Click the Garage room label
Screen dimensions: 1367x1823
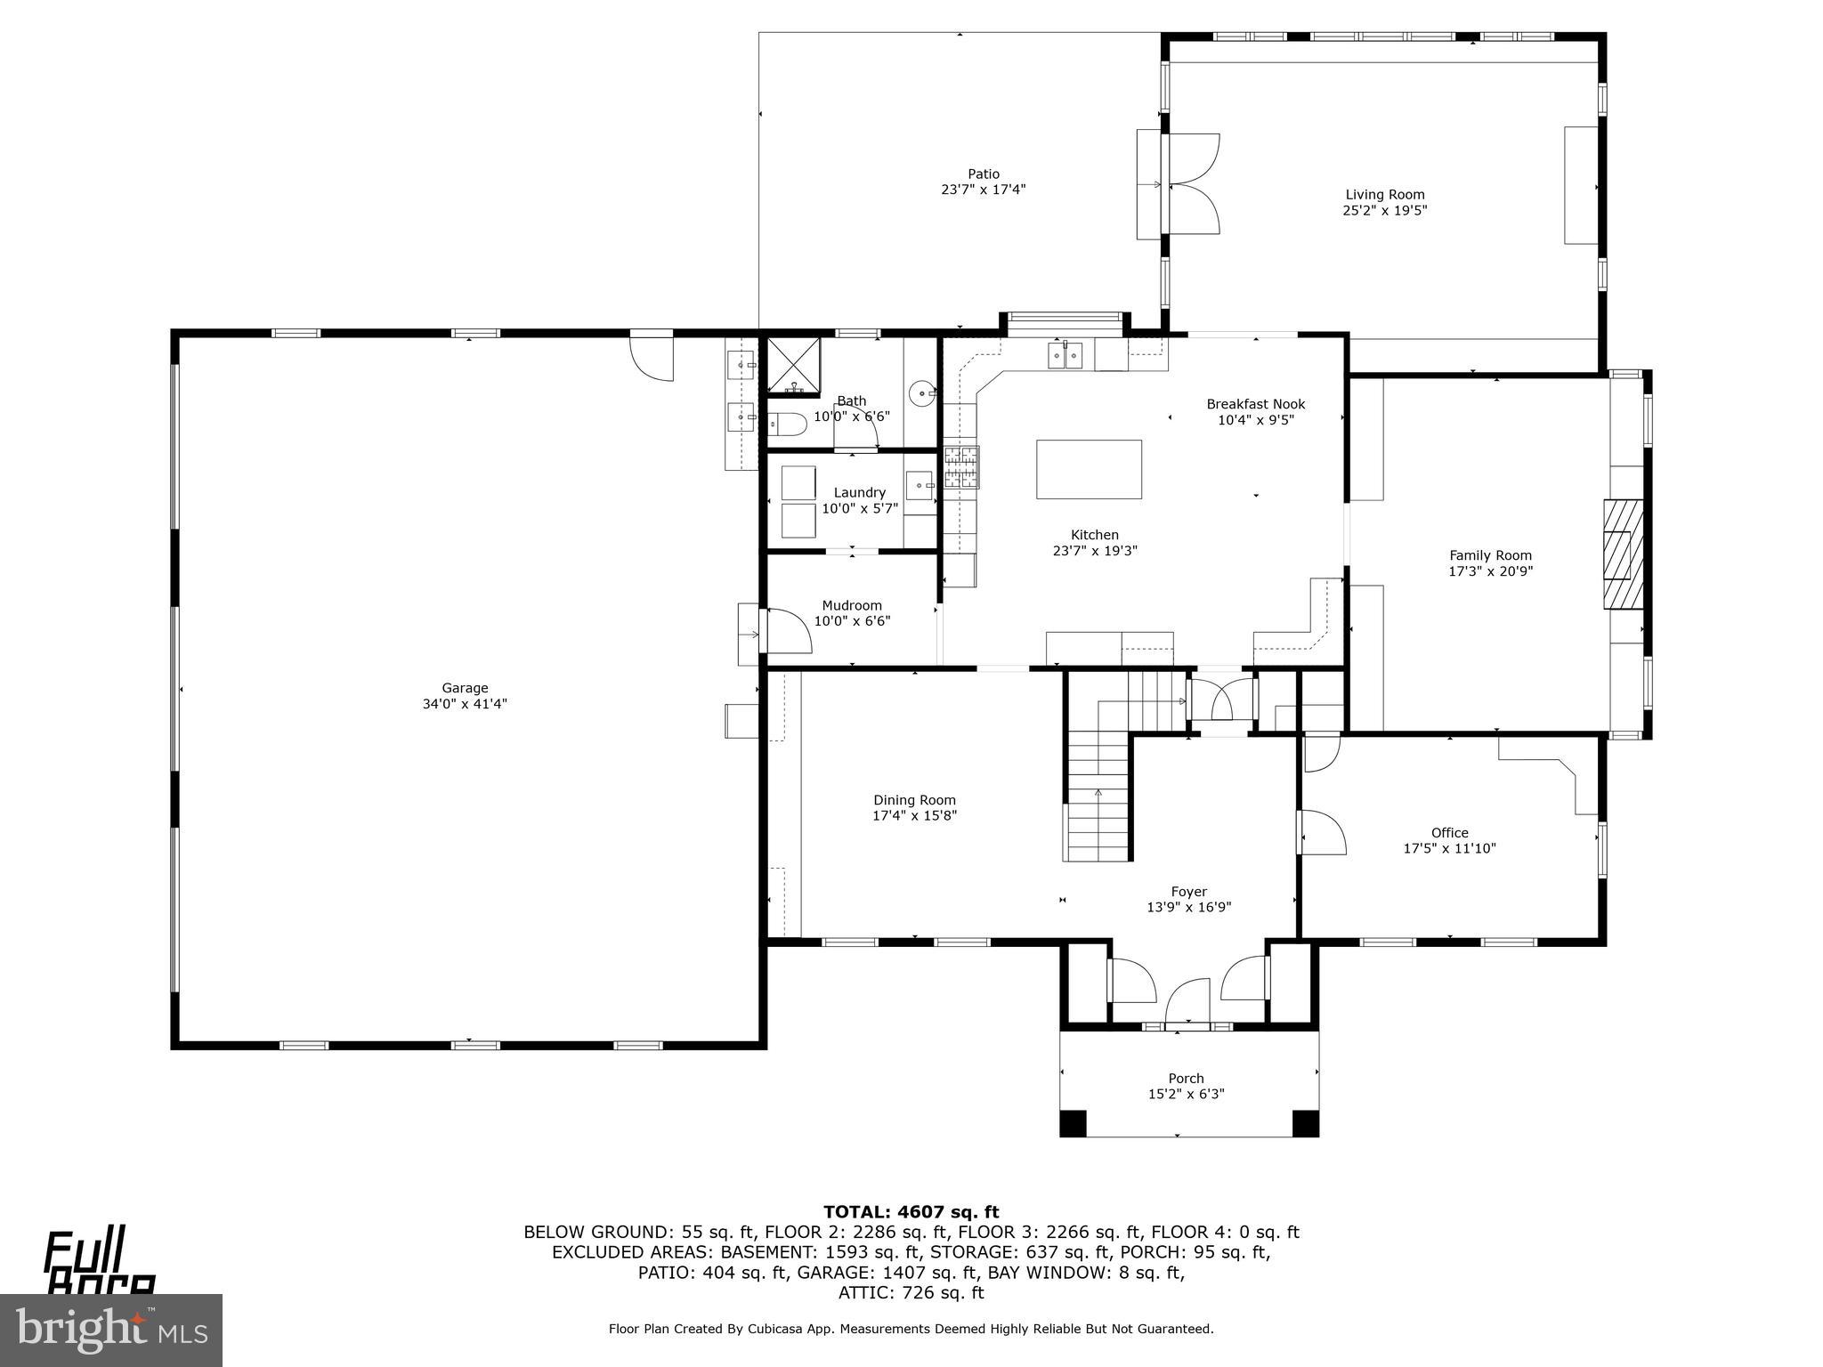click(x=465, y=688)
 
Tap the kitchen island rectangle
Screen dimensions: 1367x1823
click(x=1089, y=469)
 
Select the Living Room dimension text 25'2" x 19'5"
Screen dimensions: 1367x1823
click(x=1384, y=211)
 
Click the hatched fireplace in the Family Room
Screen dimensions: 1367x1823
click(x=1623, y=554)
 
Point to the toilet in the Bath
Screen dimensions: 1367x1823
click(x=787, y=425)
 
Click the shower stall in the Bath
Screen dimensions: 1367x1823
click(x=793, y=366)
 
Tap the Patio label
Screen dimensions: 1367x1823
click(x=984, y=174)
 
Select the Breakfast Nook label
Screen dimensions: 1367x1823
click(x=1255, y=404)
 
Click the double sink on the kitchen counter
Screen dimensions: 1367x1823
click(x=1066, y=356)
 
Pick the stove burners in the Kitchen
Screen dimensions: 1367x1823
click(x=961, y=467)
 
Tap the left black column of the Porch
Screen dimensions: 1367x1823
click(x=1073, y=1123)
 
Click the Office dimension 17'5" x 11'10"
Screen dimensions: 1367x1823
click(x=1449, y=849)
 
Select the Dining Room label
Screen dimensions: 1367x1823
click(x=914, y=800)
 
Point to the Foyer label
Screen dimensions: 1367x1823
click(x=1188, y=892)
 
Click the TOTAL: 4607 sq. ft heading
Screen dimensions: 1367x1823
click(x=911, y=1212)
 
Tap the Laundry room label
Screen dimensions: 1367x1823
click(x=859, y=493)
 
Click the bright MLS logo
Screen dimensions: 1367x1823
click(x=111, y=1330)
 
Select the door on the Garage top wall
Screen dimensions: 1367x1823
click(x=652, y=356)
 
